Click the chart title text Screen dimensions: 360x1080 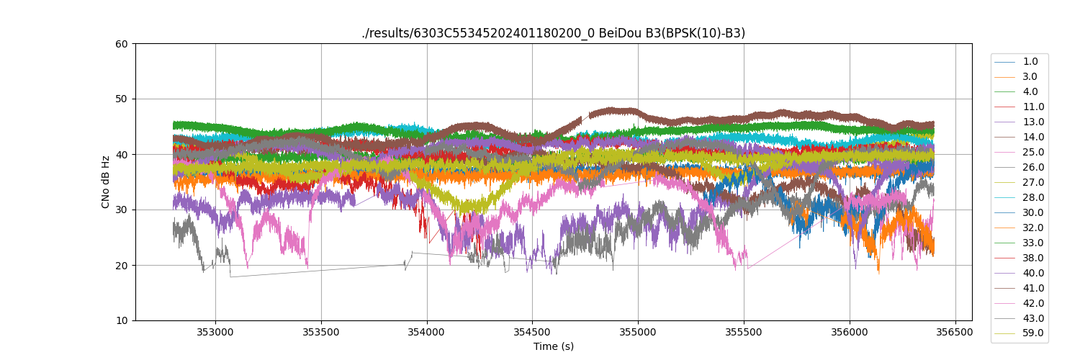tap(553, 33)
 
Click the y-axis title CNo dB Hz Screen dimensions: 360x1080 tap(106, 182)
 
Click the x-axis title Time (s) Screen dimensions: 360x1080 tap(553, 346)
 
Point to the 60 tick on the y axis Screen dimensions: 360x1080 tap(122, 44)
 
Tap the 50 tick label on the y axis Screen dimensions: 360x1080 tap(122, 99)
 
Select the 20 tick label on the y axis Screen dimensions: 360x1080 tap(122, 266)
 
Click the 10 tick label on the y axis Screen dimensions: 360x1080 tap(122, 321)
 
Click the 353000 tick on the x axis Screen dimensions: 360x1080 tap(215, 333)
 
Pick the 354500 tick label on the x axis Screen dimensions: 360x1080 tap(532, 333)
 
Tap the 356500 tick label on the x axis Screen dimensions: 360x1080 tap(955, 333)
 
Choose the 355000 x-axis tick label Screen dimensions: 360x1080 tap(638, 333)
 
